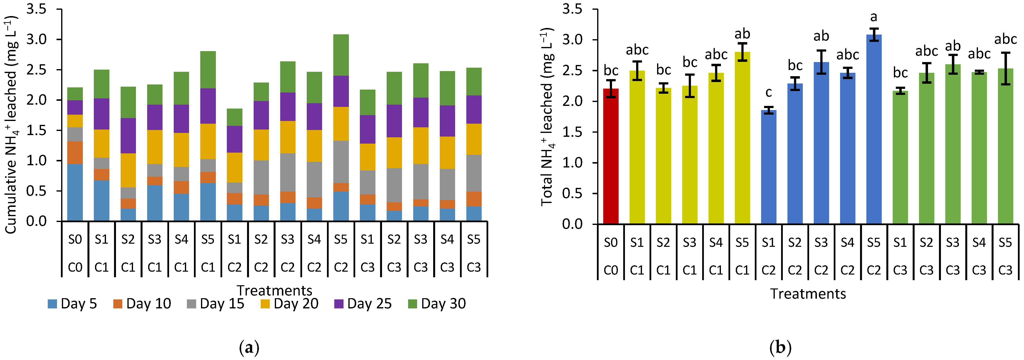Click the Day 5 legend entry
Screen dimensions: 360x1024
72,304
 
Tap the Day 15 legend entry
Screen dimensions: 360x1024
215,304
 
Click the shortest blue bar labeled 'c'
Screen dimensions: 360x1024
768,167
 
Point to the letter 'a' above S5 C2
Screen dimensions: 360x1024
873,17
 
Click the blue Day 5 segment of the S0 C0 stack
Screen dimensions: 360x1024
75,193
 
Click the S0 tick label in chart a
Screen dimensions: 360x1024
75,239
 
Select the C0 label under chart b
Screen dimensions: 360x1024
611,270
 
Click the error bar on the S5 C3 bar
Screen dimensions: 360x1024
1005,68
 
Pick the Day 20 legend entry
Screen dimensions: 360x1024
289,304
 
